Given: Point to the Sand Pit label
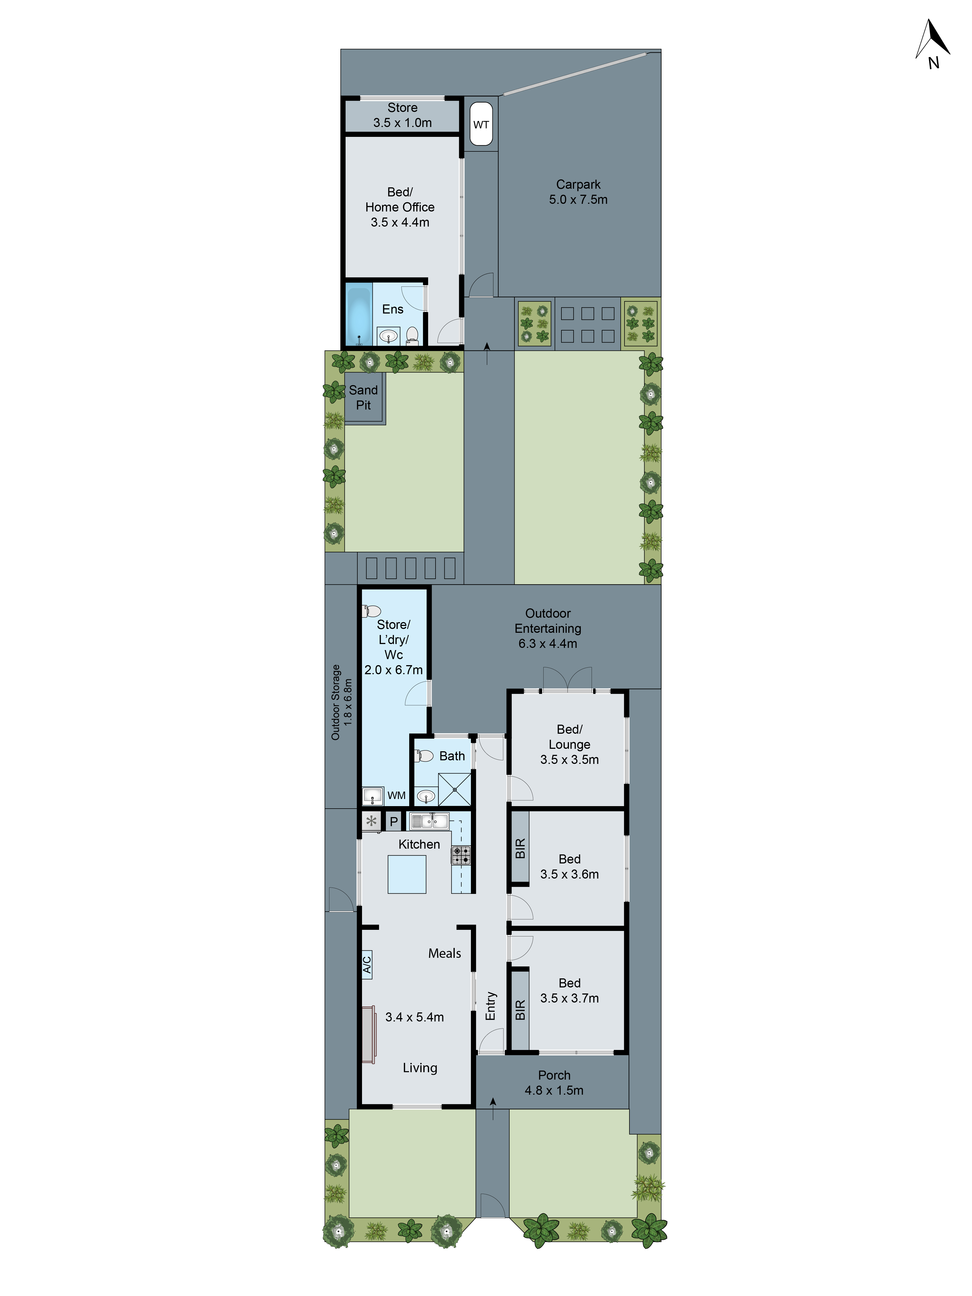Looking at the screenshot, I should click(x=363, y=397).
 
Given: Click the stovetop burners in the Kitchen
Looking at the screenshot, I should click(x=460, y=855).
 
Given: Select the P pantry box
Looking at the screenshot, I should click(x=394, y=821).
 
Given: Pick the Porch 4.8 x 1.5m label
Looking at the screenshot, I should click(x=554, y=1083).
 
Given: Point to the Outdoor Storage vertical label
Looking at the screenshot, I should click(x=341, y=702).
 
